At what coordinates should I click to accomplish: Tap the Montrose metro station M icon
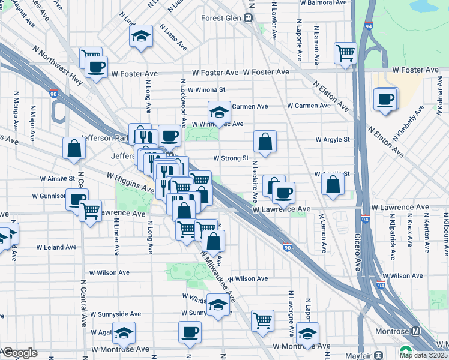417,331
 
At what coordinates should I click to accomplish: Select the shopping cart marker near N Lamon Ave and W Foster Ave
346,53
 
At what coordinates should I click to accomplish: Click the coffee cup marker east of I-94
385,98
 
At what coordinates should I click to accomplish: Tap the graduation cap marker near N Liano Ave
142,37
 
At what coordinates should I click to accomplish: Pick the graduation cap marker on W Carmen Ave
220,112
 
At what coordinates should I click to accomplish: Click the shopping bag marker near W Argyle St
265,142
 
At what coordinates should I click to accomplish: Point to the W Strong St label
231,158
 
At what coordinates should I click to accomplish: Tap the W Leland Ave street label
56,247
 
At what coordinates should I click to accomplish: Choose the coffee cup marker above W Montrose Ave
190,332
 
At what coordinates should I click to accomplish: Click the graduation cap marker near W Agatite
124,332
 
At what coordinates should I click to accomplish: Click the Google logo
19,353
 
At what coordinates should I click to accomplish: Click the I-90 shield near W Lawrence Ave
288,246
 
